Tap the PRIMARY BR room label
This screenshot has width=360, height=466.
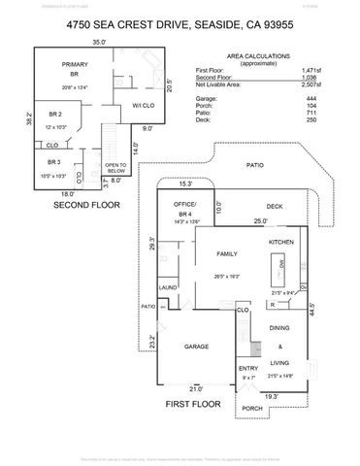pyautogui.click(x=76, y=69)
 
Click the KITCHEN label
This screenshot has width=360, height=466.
pyautogui.click(x=281, y=241)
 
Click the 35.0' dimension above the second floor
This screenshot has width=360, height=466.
pyautogui.click(x=99, y=43)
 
